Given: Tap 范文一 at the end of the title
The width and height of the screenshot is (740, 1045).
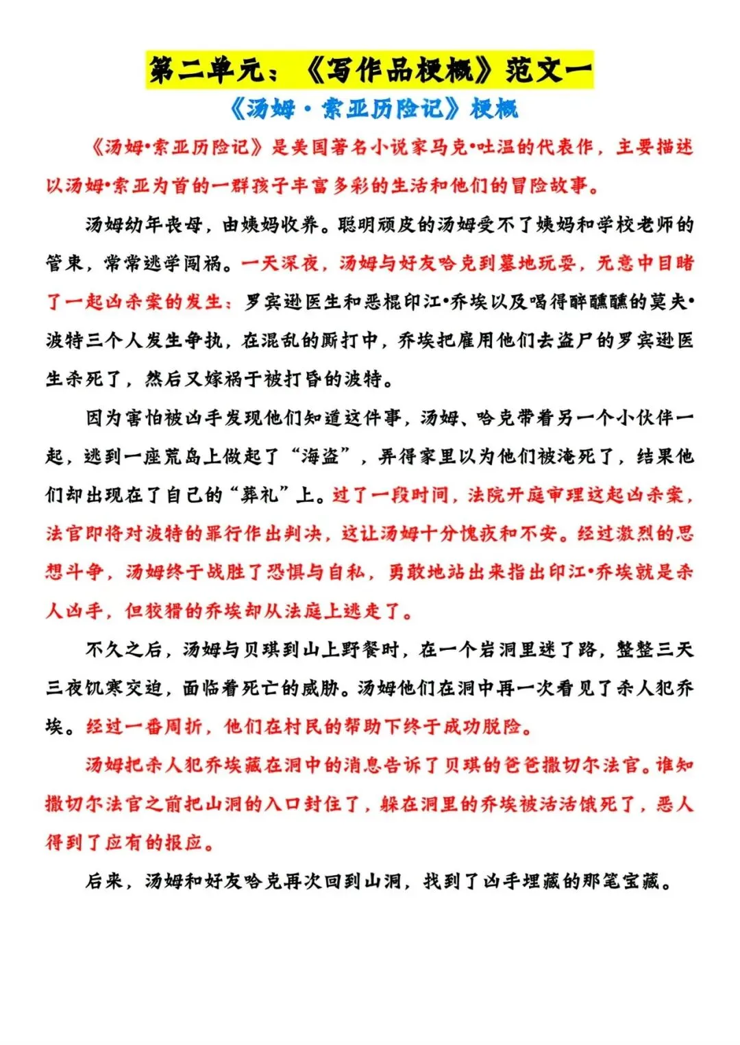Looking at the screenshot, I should point(547,71).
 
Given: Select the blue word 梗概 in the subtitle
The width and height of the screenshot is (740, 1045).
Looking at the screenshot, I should point(494,108).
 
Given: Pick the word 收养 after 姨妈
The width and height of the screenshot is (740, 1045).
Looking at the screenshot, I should point(300,225).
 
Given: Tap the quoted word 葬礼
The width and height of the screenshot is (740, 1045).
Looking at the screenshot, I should point(260,494).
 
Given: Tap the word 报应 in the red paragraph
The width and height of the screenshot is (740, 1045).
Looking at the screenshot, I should point(184,842).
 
